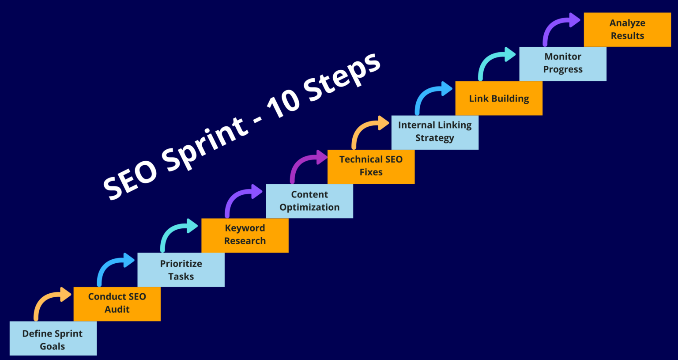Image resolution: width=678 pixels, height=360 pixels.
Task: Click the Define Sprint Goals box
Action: click(53, 338)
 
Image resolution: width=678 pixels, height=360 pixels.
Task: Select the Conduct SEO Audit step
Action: click(117, 304)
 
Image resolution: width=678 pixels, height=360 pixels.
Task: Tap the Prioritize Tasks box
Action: click(181, 270)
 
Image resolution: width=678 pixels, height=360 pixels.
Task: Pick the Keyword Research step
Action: click(245, 235)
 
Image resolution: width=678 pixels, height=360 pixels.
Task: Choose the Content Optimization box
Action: click(309, 201)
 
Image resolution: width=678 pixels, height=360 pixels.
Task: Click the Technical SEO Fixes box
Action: click(371, 167)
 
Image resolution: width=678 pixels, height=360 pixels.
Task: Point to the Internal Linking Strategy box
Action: click(435, 132)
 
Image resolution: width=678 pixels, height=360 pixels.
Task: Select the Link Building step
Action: click(499, 98)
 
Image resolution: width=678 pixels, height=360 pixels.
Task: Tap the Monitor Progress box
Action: click(563, 64)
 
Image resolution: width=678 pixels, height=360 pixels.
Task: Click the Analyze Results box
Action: click(627, 30)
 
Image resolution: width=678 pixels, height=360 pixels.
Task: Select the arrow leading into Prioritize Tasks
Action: click(113, 265)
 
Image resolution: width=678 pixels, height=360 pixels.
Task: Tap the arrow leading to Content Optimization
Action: click(241, 197)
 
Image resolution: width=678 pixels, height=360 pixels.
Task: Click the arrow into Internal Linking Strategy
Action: click(368, 128)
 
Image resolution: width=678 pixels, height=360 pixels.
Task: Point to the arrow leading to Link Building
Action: click(431, 94)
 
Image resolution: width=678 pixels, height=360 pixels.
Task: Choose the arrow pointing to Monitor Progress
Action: click(495, 59)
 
